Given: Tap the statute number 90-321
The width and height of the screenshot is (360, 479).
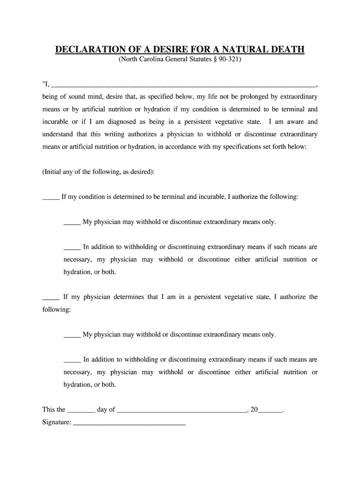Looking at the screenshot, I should click(229, 60).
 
